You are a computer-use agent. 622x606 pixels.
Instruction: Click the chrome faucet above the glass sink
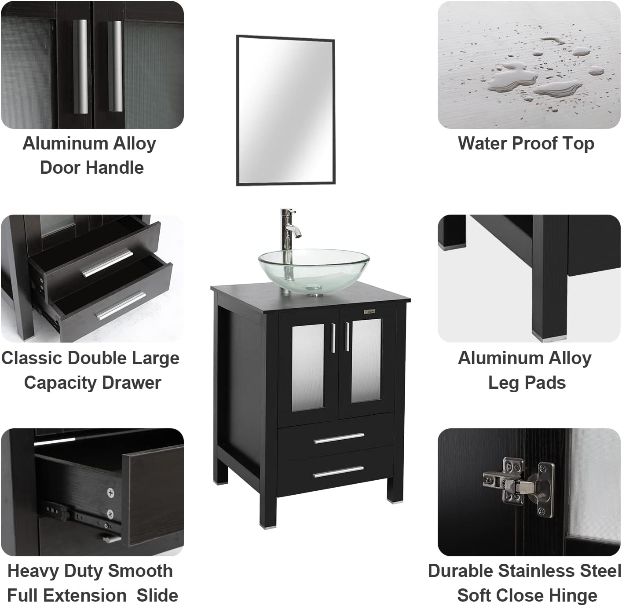289,229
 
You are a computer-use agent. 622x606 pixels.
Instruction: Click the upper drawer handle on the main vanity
339,438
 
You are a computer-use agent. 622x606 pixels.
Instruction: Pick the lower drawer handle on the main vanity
339,471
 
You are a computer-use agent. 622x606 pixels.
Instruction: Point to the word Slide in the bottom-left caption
157,595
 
